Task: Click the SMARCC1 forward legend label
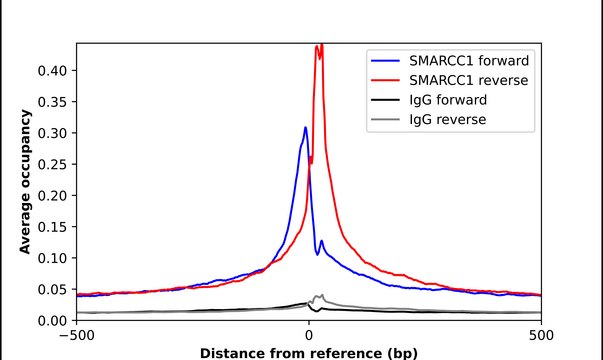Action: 468,60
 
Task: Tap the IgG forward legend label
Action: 449,100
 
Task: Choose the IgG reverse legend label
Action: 448,120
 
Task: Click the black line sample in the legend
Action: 387,100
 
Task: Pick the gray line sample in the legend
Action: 387,120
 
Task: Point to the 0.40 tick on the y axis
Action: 54,70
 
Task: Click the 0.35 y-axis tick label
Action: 54,101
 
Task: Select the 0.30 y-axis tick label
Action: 54,133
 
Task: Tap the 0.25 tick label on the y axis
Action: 54,164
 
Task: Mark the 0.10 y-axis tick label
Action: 54,258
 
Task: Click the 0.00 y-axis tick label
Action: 54,320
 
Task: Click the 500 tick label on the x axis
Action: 541,335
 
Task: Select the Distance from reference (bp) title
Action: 309,353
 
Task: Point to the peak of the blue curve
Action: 306,127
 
